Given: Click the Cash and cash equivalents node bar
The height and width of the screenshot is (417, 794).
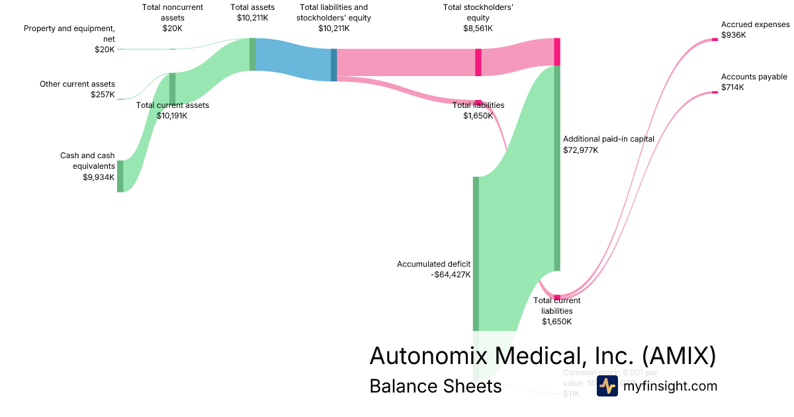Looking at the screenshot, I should coord(120,176).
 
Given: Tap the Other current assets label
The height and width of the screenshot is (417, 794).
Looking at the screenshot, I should coord(77,84).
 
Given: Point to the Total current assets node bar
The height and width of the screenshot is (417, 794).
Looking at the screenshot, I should coord(172,89).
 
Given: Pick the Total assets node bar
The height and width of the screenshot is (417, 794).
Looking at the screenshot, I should coord(252,54).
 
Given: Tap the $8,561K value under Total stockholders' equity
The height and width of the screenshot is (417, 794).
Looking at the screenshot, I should coord(478,28).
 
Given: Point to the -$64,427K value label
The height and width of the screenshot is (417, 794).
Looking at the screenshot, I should coord(451,275).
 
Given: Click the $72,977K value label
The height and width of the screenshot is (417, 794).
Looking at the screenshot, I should coord(580,150).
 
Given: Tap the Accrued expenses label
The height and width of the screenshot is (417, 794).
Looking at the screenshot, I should coord(755,24).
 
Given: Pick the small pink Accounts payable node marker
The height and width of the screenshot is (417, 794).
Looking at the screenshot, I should coord(715,93).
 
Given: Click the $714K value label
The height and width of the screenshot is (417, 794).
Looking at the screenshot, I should coord(732,87).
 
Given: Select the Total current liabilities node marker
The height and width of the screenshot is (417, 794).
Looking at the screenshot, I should coord(557,297).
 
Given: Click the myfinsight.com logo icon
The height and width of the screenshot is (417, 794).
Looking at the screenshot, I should coord(607,386).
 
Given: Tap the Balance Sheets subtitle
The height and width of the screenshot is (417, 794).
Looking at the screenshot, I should coord(435,386).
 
